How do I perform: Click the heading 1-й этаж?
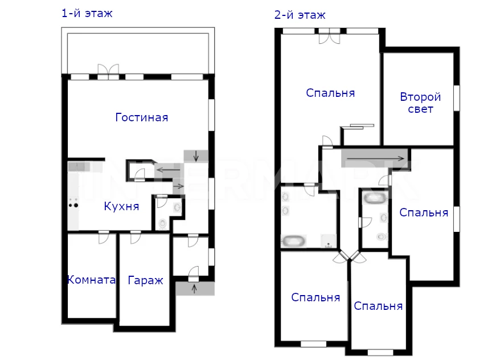coord(87,14)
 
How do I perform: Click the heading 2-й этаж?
coord(300,15)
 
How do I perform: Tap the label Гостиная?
coord(142,117)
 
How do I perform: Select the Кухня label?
coord(121,206)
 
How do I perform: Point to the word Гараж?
coord(146,280)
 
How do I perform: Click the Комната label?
coord(91,280)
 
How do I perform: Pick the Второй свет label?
coord(420,103)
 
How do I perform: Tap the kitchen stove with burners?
coord(73,203)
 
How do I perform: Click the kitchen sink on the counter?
coord(79,166)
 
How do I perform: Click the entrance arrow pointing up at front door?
coord(194,288)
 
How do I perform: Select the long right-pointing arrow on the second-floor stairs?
coord(375,158)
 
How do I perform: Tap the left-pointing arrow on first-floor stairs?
coord(168,169)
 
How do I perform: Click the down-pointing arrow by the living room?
coord(196,156)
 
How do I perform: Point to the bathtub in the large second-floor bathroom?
coord(293,240)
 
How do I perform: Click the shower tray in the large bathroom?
coord(328,241)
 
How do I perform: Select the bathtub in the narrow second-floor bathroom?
coord(375,198)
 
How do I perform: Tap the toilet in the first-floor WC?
coord(163,223)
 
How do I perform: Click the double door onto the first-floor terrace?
coord(108,71)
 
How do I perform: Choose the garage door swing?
coord(136,238)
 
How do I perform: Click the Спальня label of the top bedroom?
coord(330,93)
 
